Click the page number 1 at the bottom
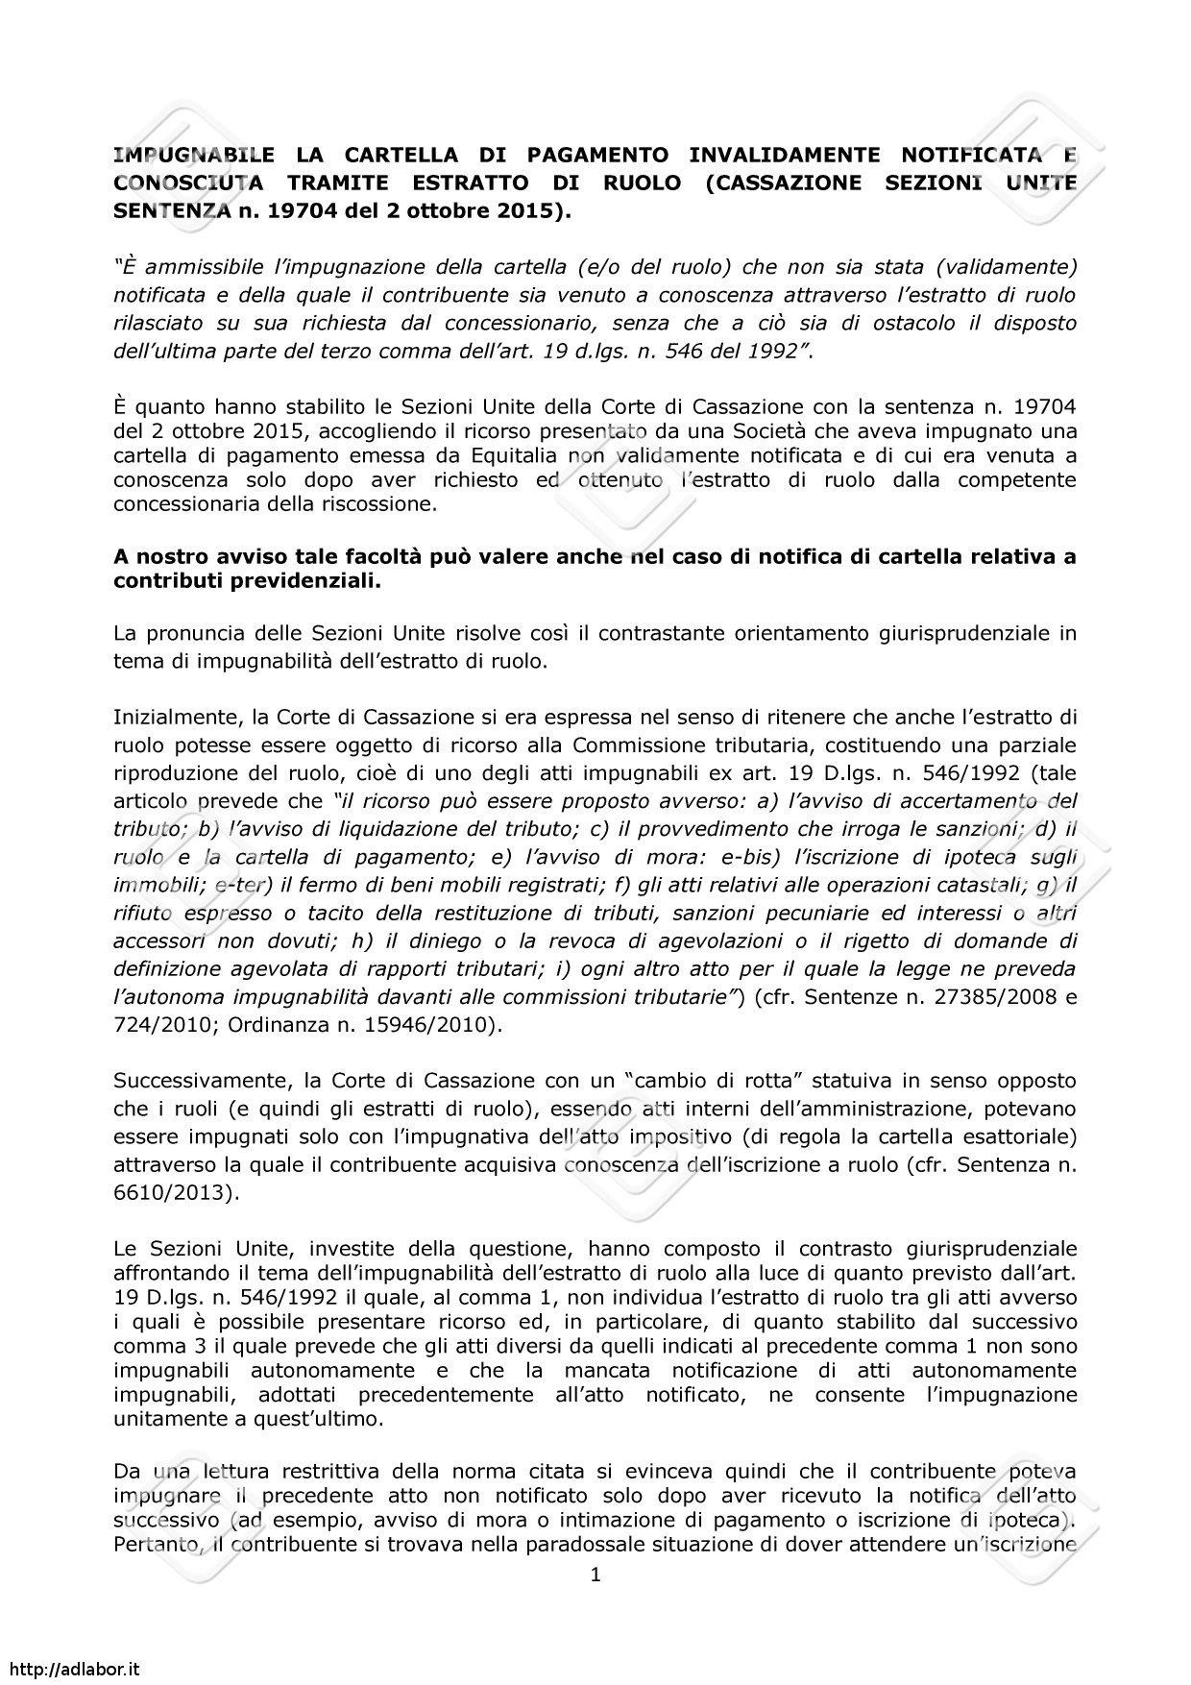(595, 1575)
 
